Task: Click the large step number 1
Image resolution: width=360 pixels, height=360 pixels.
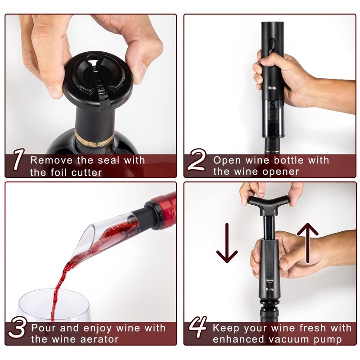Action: [19, 160]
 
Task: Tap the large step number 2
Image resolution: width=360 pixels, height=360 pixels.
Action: [197, 160]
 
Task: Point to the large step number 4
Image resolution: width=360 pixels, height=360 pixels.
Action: [198, 327]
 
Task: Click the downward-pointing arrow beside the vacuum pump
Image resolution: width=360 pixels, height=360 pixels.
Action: [227, 243]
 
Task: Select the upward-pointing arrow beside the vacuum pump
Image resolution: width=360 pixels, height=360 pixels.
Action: [308, 243]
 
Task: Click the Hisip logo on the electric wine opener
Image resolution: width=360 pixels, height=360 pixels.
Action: [272, 88]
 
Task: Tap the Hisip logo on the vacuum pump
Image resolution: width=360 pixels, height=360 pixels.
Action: [270, 289]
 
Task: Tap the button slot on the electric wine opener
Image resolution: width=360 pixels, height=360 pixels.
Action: [272, 46]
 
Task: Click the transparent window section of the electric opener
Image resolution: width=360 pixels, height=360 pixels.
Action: [273, 118]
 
